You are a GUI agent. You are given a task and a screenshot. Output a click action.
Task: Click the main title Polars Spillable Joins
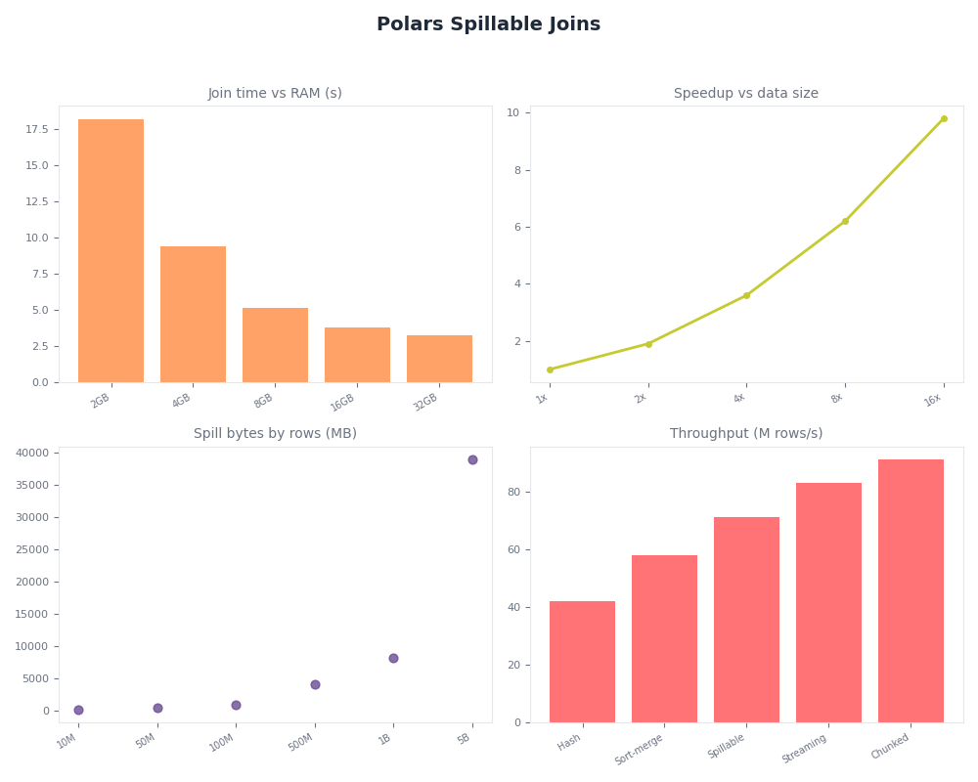(x=488, y=24)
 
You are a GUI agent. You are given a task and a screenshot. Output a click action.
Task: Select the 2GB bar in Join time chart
(x=111, y=250)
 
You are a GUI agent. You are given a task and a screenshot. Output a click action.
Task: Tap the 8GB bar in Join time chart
(x=275, y=345)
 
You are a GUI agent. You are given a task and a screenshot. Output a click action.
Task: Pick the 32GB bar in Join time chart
(x=439, y=359)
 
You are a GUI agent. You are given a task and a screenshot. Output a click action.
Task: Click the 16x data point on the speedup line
(x=944, y=118)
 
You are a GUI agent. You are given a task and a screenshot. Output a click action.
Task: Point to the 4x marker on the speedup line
(x=746, y=295)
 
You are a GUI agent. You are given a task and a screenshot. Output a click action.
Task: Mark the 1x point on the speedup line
(x=550, y=369)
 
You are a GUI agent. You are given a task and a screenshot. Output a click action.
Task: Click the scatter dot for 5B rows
(x=472, y=459)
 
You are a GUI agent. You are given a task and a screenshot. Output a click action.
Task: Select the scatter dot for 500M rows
(x=315, y=684)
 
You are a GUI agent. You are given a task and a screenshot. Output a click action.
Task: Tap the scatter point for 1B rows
(x=393, y=658)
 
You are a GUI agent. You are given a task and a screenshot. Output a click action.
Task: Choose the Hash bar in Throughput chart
(x=582, y=662)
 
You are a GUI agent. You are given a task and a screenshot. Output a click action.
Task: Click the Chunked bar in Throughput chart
(x=911, y=590)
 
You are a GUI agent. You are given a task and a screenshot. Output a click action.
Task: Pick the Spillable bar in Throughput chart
(x=746, y=620)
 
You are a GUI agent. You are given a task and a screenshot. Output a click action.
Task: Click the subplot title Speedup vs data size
(x=746, y=94)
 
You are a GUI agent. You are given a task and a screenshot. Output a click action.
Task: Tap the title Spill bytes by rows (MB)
(x=275, y=434)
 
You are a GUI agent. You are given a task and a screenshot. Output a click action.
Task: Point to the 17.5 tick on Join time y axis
(x=37, y=129)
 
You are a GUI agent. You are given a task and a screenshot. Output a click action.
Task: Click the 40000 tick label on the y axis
(x=31, y=453)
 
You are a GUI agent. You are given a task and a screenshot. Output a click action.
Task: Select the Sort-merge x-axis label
(x=641, y=749)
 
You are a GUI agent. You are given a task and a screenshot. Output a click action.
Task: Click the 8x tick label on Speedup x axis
(x=838, y=398)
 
